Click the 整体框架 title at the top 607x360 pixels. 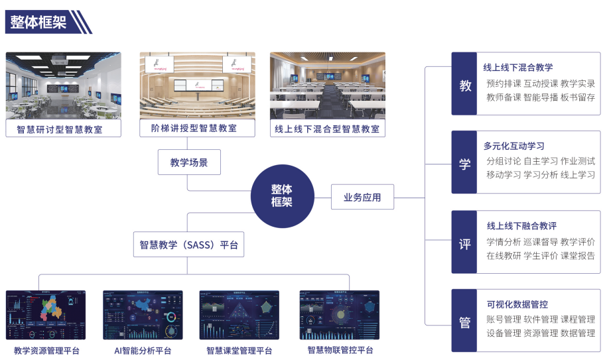point(38,23)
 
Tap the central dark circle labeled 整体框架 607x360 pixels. point(281,196)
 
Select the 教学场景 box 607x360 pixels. point(189,162)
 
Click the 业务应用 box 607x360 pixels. point(362,197)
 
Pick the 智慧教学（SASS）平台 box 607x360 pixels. point(188,245)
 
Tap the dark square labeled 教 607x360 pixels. point(464,86)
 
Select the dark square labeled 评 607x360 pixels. point(464,243)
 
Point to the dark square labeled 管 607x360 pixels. point(464,322)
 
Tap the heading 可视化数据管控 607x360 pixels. point(517,304)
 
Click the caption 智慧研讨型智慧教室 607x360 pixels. point(64,129)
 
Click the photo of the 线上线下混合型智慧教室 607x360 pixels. point(328,86)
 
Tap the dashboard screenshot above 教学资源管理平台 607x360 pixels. point(46,315)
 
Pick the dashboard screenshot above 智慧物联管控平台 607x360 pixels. point(339,315)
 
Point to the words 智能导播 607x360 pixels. point(541,97)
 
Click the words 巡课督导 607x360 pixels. point(541,242)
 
